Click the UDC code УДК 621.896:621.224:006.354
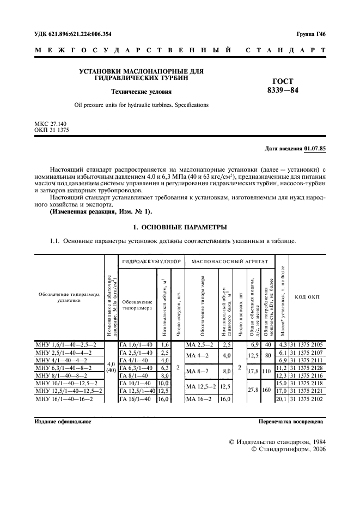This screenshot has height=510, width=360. [73, 34]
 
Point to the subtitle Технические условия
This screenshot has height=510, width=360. [135, 92]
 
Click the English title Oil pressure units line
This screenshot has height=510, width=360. [141, 105]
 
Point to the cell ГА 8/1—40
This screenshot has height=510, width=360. [134, 376]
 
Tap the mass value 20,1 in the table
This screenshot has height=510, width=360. [282, 399]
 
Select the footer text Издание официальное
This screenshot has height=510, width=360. [63, 421]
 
